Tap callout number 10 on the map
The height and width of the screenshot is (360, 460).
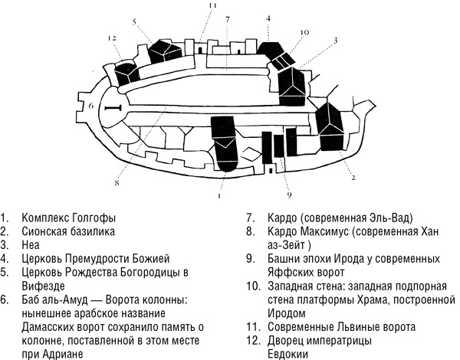(304, 32)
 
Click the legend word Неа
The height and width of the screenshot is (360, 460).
(32, 243)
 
